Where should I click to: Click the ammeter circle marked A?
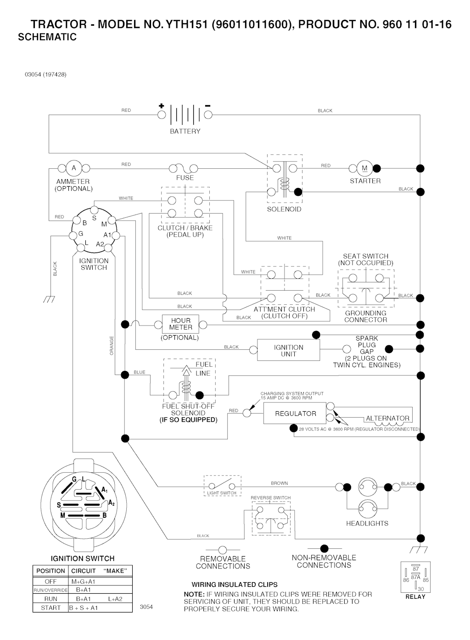coord(74,168)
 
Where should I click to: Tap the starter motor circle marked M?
coord(365,168)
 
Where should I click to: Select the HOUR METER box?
coord(180,324)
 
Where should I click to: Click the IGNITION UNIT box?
coord(288,351)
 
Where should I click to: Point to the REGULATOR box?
coord(295,414)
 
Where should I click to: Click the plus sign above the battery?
coord(161,106)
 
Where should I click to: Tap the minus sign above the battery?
coord(208,106)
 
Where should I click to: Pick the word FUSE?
coord(185,178)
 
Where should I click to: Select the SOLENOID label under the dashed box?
coord(284,209)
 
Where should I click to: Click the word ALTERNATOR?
coord(387,418)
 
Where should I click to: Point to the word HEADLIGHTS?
coord(367,523)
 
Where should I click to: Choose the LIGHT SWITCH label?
coord(222,493)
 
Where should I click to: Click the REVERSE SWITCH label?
coord(270,498)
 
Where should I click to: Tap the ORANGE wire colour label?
coord(112,345)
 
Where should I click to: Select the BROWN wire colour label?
coord(279,483)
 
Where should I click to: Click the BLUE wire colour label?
coord(140,372)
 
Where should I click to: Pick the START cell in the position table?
coord(50,607)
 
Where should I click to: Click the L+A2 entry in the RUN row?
coord(115,599)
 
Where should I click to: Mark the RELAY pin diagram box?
coord(415,577)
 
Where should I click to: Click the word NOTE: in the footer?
coord(194,594)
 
